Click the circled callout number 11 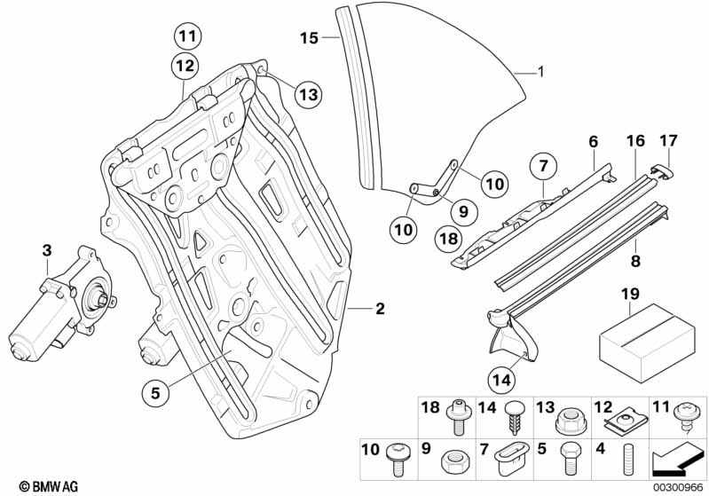point(187,36)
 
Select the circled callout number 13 point(309,95)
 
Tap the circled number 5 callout point(155,392)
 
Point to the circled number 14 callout point(501,380)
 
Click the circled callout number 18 point(448,239)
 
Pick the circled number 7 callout point(543,166)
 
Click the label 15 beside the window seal point(310,38)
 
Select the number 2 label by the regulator point(380,309)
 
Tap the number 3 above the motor point(48,250)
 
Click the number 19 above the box point(630,294)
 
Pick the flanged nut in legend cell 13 point(568,421)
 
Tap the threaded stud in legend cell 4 point(626,460)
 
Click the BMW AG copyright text point(49,486)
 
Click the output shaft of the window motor point(102,299)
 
